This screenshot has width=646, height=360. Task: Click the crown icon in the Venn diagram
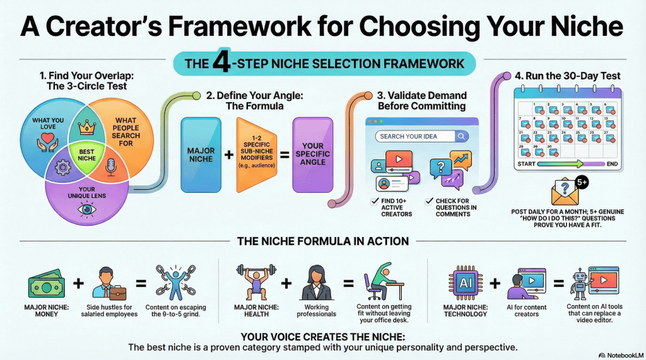click(87, 128)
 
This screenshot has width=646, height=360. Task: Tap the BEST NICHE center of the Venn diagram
click(87, 155)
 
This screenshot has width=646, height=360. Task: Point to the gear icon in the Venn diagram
click(63, 167)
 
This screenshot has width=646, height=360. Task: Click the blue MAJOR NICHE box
click(201, 155)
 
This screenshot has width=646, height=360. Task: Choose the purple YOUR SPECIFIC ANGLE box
click(313, 155)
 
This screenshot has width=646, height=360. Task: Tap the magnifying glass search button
click(461, 136)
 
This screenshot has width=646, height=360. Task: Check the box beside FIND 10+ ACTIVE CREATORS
click(375, 201)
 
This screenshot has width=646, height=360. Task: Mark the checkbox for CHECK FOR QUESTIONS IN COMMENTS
click(429, 201)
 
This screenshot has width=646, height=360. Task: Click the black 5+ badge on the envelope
click(582, 182)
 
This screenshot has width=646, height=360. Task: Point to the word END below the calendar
click(612, 164)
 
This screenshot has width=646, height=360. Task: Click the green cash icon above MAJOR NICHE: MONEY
click(46, 284)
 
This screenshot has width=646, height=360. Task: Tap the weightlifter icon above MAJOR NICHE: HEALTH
click(256, 282)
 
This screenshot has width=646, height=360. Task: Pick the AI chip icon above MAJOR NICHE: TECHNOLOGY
click(466, 283)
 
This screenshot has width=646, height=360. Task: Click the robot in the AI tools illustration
click(580, 284)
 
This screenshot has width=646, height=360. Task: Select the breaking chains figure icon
click(176, 282)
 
